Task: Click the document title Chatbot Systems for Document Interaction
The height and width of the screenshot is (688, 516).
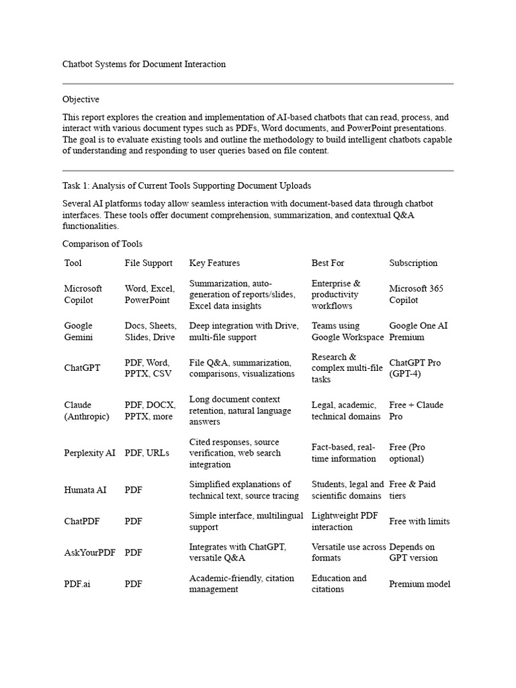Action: (144, 64)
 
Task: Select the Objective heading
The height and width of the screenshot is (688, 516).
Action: (81, 99)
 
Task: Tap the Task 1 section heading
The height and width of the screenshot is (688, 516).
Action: (186, 185)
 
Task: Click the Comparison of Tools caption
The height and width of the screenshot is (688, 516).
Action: (102, 244)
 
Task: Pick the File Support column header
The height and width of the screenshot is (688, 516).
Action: (148, 263)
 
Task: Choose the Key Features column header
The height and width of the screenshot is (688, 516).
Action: (214, 263)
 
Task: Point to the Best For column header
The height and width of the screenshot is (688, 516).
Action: (328, 263)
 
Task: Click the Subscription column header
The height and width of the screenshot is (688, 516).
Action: (413, 263)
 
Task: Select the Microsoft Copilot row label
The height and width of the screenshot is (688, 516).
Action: (83, 294)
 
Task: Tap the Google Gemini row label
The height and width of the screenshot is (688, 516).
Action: (79, 331)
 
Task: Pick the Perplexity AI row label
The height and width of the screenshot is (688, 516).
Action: (90, 454)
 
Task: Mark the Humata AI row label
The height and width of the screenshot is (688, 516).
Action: (85, 490)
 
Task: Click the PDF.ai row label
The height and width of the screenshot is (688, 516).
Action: (77, 584)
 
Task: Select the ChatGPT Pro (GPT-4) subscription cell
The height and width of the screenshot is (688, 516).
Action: (415, 368)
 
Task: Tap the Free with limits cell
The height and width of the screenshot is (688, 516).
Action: (419, 521)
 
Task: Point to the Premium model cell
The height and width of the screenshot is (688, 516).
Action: (420, 584)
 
